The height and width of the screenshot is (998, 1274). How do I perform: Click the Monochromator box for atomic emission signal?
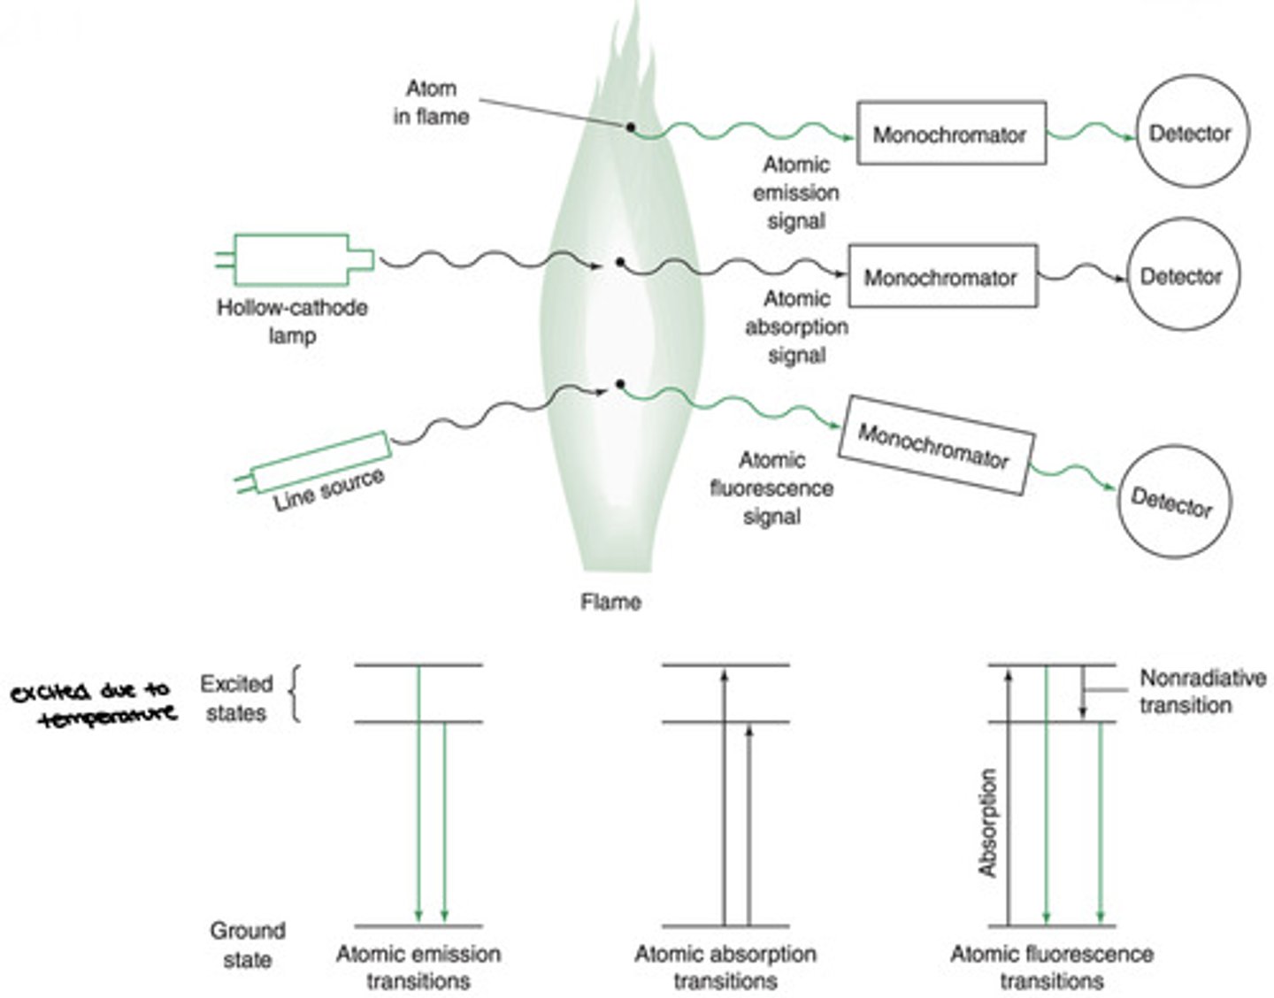pos(951,134)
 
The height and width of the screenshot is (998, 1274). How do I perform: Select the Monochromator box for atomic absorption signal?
pos(942,277)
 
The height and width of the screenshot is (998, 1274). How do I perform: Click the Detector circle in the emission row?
pos(1192,133)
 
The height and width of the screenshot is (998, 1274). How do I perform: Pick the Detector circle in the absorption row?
pos(1183,276)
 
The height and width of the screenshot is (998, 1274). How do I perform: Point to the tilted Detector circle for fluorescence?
pos(1173,502)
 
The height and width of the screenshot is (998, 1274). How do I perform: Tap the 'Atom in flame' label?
pos(431,103)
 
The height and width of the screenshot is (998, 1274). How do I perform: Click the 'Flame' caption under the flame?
pos(610,602)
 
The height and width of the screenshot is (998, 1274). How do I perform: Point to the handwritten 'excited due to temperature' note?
pos(93,703)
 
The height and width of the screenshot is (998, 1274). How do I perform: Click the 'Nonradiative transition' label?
pos(1201,692)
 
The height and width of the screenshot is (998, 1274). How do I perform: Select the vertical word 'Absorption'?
pos(987,823)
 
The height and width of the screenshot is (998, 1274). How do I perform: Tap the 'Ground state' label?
pos(247,945)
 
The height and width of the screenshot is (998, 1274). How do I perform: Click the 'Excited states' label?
pos(235,698)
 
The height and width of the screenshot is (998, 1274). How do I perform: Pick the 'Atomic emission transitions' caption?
pos(418,967)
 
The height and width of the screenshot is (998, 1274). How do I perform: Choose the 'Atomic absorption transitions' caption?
pos(725,967)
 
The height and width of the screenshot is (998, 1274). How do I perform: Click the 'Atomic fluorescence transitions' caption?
pos(1052,967)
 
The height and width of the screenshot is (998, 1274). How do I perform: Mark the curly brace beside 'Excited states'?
pos(295,695)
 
